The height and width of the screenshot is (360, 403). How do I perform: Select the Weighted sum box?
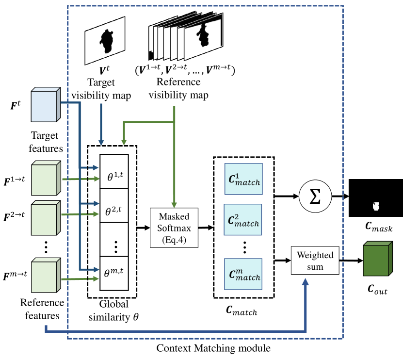click(x=315, y=261)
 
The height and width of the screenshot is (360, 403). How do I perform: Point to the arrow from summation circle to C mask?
click(x=339, y=197)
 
